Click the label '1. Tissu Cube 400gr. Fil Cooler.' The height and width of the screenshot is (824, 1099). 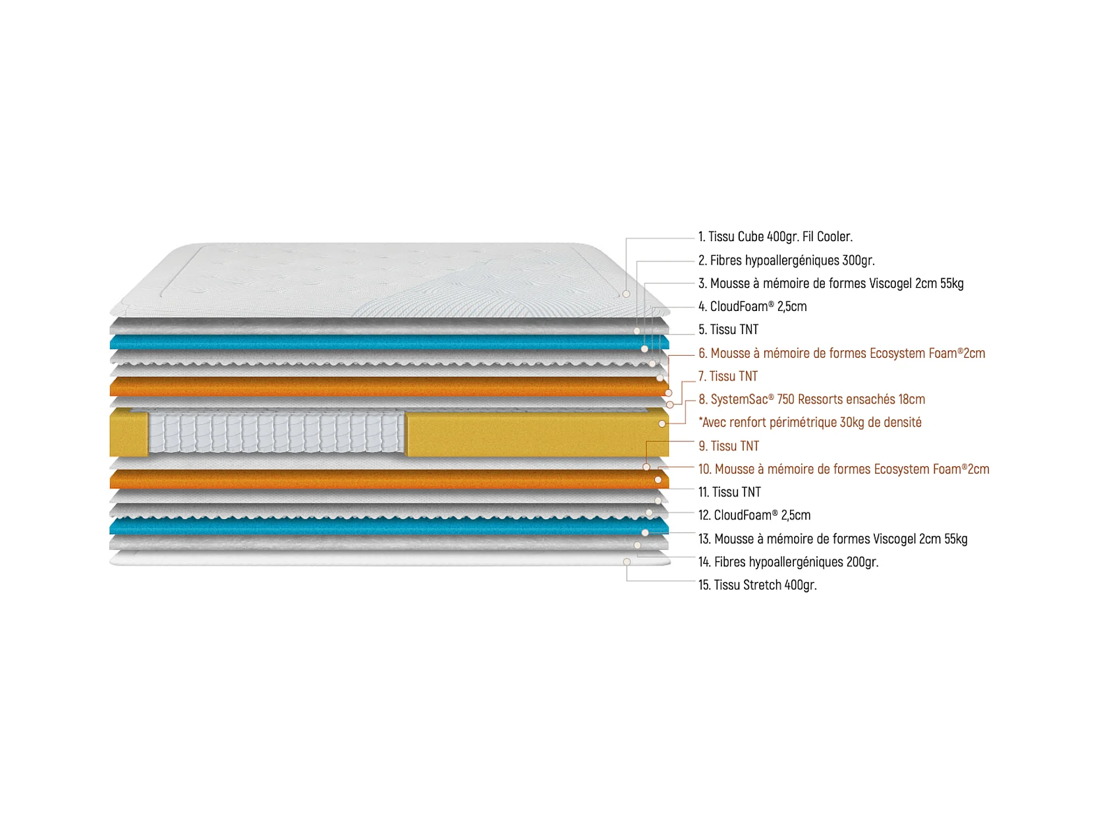click(775, 237)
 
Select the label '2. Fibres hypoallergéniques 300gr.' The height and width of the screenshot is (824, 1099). click(786, 260)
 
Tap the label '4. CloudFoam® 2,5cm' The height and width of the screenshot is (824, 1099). click(752, 306)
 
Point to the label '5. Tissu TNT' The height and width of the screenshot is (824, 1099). click(728, 329)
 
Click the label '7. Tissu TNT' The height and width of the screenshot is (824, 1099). click(728, 376)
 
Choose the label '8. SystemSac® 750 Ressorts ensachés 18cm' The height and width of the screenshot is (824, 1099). click(812, 399)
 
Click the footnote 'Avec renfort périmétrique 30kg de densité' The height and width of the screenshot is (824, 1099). click(810, 422)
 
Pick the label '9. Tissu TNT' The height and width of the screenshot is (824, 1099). click(729, 446)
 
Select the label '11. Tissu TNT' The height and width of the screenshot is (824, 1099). click(729, 492)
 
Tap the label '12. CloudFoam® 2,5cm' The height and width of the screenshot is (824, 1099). click(754, 515)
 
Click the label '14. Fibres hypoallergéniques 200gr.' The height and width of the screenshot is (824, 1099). click(788, 562)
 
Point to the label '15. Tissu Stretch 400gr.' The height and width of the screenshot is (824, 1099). click(757, 585)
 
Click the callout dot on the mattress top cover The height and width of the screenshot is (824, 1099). click(626, 294)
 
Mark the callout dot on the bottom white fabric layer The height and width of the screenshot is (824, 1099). click(627, 562)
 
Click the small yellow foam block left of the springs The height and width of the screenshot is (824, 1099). click(128, 433)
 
